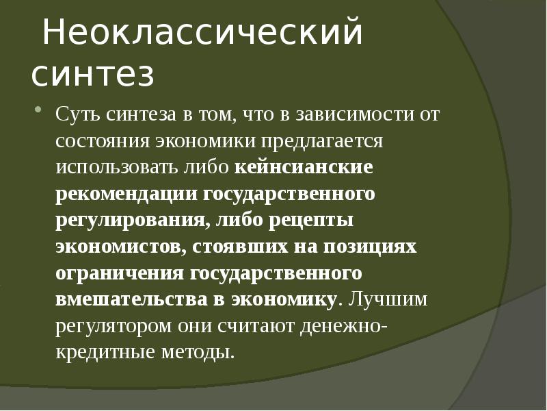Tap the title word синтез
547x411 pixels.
[92, 75]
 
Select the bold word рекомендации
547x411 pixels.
[125, 195]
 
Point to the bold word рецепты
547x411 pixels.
[312, 221]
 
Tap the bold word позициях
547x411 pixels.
[374, 247]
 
